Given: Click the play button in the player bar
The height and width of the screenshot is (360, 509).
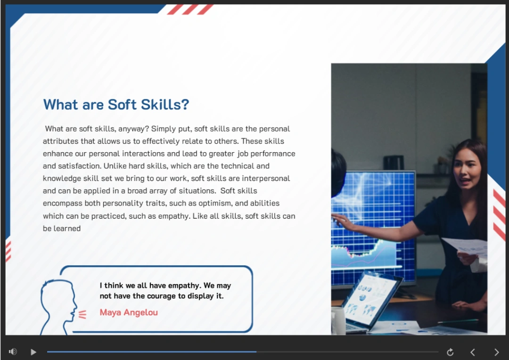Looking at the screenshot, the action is (x=33, y=352).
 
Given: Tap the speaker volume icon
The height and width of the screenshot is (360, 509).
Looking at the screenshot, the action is (x=13, y=352).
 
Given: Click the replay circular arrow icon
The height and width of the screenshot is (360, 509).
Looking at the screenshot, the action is (x=450, y=352).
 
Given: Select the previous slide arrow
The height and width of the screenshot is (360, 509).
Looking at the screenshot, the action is (x=473, y=352).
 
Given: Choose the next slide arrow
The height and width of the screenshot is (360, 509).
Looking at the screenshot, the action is (x=496, y=352).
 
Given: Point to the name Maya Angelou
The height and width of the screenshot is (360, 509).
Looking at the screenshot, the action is (x=129, y=312).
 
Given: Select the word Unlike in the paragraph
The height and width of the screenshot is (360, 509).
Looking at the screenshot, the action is (x=115, y=166).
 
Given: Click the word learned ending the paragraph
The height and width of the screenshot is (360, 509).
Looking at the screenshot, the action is (x=67, y=229).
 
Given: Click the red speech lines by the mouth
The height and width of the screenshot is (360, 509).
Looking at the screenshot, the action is (x=82, y=315).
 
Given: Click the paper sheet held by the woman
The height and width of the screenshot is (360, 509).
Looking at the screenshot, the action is (x=465, y=247).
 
